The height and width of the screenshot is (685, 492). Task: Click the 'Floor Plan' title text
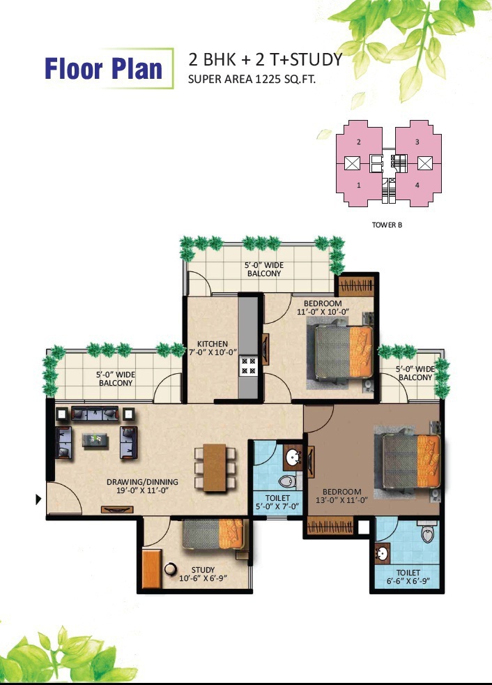coord(103,69)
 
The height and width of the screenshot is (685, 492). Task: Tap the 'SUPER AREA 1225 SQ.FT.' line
coord(252,79)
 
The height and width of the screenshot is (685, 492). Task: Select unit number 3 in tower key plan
coord(417,142)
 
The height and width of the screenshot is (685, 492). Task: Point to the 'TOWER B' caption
coord(387,225)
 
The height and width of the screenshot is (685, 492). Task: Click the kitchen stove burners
coord(248,366)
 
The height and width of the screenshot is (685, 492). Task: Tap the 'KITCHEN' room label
coord(212,344)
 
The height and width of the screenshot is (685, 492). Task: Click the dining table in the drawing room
coord(215,467)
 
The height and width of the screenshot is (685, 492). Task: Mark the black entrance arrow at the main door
coord(38,499)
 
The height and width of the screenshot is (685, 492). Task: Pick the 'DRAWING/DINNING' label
coord(142,482)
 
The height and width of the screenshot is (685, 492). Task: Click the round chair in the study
coord(170,569)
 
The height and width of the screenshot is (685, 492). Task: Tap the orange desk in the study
coord(152,569)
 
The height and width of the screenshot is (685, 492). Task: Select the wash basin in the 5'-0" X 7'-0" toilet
coord(293,457)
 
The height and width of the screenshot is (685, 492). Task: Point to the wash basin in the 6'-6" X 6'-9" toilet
coord(383,553)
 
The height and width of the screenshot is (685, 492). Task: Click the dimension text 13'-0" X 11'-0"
coord(342,500)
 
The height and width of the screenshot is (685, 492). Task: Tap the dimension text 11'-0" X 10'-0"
coord(323,312)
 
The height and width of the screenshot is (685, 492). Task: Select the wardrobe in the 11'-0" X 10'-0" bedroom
coord(356,286)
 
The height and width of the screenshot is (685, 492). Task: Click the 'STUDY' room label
coord(203,570)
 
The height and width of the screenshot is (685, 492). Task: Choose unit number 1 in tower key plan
coord(359,186)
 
